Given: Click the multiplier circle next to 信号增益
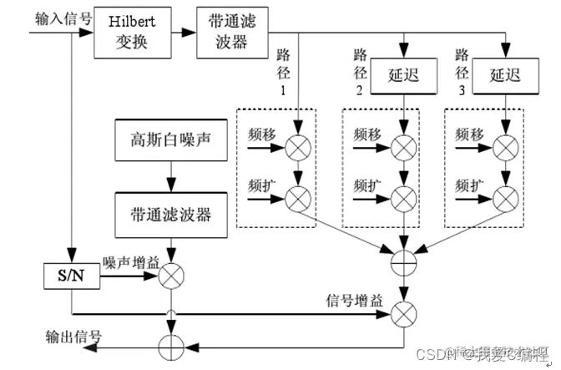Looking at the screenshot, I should coord(406,314).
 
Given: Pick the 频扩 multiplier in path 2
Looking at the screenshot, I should coord(406,198).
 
